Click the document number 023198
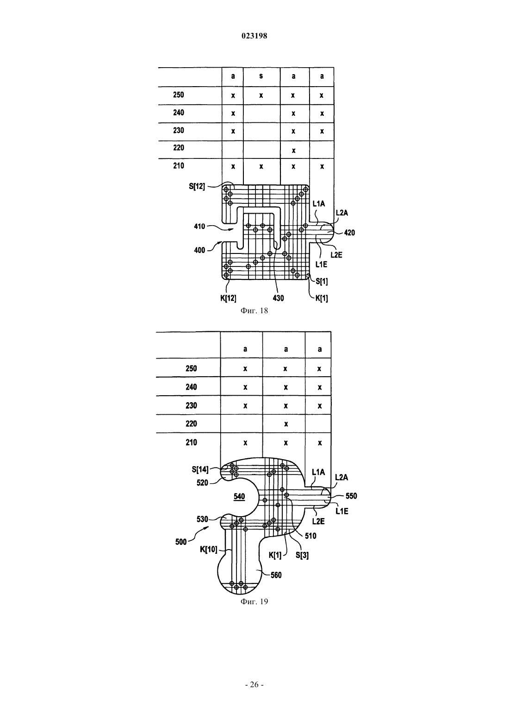[x=254, y=36]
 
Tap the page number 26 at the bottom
[x=254, y=684]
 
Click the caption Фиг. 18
[x=254, y=310]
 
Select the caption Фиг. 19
[x=254, y=601]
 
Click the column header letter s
[x=261, y=76]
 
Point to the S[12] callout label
[x=197, y=186]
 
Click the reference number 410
[x=199, y=226]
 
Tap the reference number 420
[x=349, y=233]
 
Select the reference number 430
[x=278, y=298]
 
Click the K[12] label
[x=229, y=298]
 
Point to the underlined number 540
[x=239, y=496]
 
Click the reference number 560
[x=276, y=575]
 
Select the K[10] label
[x=209, y=549]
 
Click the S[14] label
[x=200, y=469]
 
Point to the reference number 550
[x=351, y=496]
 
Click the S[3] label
[x=302, y=555]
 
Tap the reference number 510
[x=310, y=536]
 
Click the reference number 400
[x=199, y=250]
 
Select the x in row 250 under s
[x=261, y=95]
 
